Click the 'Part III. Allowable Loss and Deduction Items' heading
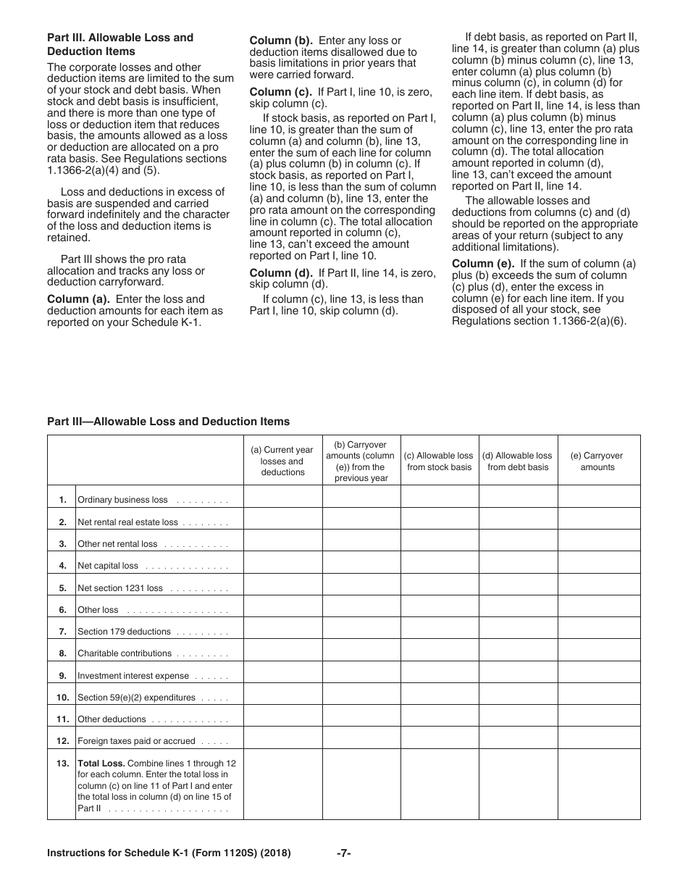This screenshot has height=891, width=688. point(119,44)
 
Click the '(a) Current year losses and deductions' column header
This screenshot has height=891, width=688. point(282,461)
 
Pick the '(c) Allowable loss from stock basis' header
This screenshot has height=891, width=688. point(439,461)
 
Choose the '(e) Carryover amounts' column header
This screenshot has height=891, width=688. point(597,461)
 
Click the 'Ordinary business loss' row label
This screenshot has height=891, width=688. point(122,500)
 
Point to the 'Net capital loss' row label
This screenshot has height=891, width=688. point(108,566)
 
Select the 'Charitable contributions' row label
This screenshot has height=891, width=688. point(125,653)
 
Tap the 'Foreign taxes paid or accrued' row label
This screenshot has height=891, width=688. point(136,741)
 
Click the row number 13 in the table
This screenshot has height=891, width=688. point(62,764)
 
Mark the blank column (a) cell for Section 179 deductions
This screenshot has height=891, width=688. point(282,631)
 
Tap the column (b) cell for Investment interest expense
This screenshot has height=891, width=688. point(361,675)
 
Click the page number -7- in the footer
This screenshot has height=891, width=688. point(344,853)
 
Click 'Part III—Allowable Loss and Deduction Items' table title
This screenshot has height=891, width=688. point(168,421)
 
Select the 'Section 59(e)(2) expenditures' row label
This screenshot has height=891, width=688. point(136,698)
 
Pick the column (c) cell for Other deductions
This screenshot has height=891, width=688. point(439,719)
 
